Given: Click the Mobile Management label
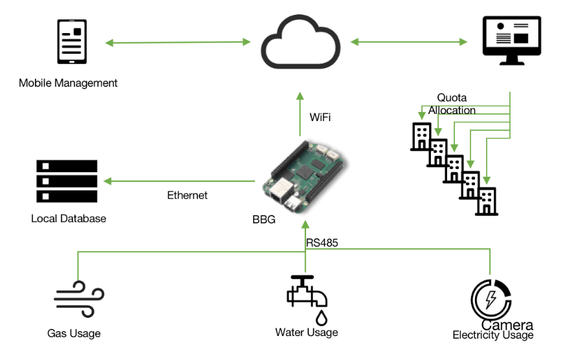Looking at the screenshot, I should coord(68,83).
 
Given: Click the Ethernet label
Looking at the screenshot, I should coord(187,195).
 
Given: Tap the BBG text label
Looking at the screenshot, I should coord(264,219).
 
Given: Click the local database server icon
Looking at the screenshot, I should coord(66,182).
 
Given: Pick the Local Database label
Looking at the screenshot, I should coord(68,219).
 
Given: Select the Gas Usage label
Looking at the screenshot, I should coord(74,334).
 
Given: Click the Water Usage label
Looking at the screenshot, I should coord(306,333).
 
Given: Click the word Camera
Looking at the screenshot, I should coord(507,325).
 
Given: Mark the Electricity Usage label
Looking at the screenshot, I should coord(492,335).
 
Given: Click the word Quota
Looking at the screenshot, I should coord(452,98).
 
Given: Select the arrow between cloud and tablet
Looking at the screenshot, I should coord(178,43).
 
